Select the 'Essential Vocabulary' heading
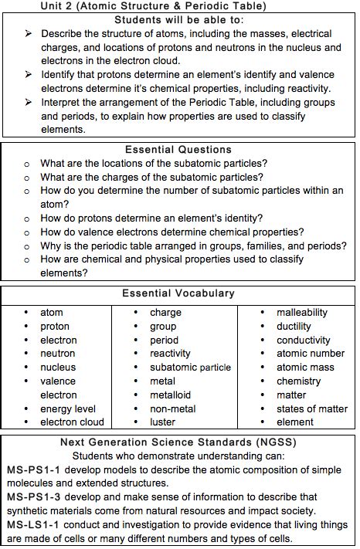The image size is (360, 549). point(178,293)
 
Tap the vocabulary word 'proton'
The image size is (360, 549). point(55,327)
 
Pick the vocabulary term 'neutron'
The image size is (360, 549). point(58,354)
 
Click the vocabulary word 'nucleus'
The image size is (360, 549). point(58,368)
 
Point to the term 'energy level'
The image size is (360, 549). point(68,408)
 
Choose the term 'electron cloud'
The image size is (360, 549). point(72,422)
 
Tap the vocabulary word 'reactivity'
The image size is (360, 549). point(170,354)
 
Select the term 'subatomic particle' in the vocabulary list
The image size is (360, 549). point(190,368)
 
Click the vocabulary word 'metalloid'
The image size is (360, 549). point(170,395)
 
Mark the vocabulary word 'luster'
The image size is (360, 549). point(162,422)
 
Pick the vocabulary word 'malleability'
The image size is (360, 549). point(302,313)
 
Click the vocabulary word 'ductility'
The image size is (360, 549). point(294,327)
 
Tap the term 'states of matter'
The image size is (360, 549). point(312,408)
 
